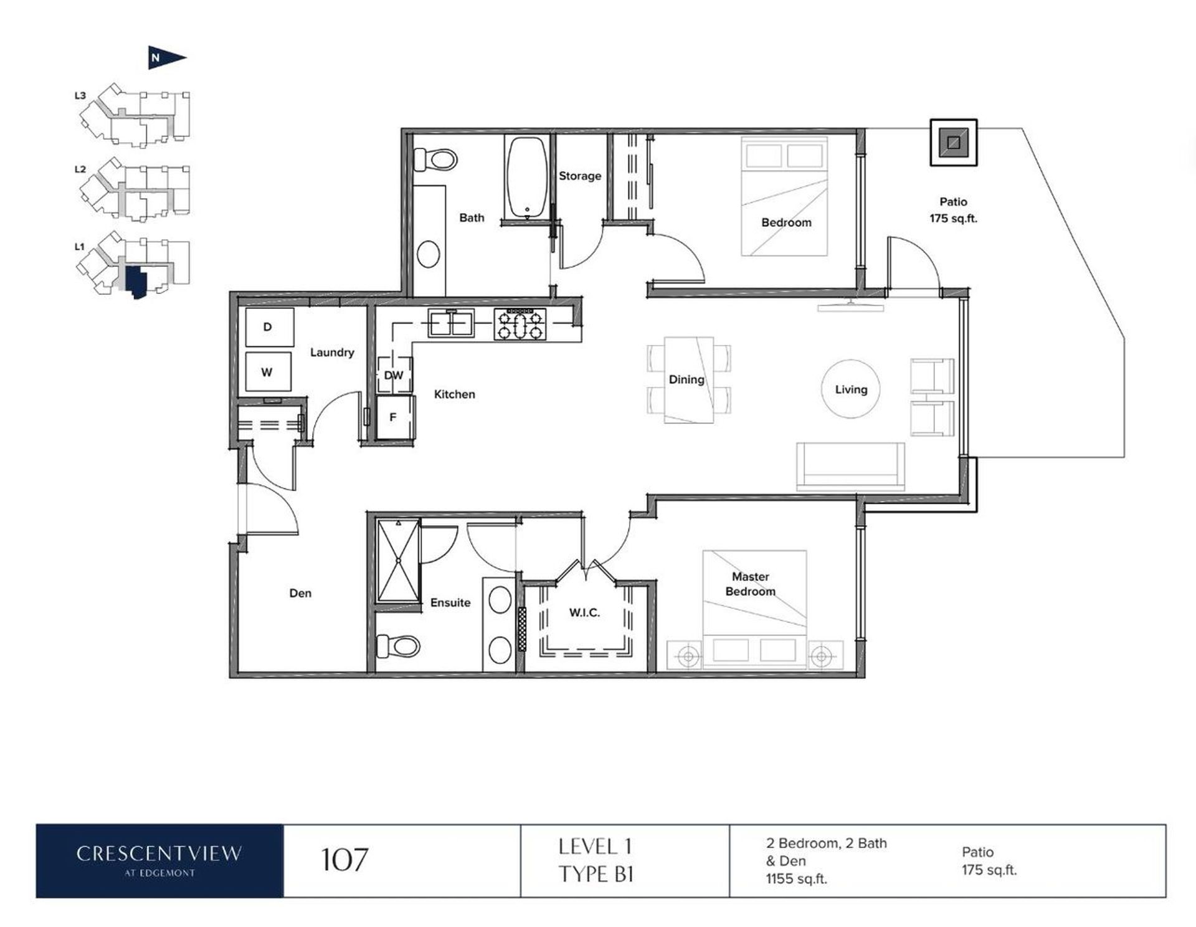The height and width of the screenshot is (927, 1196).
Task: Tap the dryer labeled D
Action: (x=269, y=327)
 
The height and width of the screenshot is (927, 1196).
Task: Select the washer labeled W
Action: (x=268, y=372)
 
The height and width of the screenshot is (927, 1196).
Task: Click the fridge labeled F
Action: (x=394, y=417)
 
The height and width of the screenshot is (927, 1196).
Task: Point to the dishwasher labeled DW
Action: (x=394, y=375)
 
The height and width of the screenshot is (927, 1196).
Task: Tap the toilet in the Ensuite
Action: (x=398, y=645)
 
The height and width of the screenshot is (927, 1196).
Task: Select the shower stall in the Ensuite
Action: (x=399, y=561)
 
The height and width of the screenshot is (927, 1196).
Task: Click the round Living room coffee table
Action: (x=851, y=389)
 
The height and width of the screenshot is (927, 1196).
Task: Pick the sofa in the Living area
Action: (x=850, y=467)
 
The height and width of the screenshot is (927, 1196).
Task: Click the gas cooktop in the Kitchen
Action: (x=520, y=325)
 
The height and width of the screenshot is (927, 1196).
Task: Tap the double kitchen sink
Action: (x=451, y=323)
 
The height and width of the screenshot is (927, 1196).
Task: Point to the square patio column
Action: (x=953, y=143)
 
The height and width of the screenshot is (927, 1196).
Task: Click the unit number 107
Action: (x=344, y=860)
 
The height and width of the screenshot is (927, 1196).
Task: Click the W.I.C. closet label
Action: (x=584, y=613)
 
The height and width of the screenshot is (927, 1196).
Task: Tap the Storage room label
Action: (x=580, y=176)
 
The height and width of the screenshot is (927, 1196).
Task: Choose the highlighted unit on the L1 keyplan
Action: (x=135, y=282)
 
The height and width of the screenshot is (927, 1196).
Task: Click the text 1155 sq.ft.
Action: (x=797, y=879)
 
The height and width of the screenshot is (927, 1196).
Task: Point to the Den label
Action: (x=300, y=593)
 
